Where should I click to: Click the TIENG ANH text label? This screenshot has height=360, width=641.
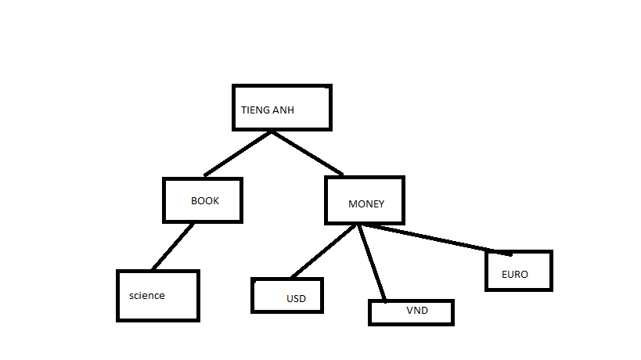pos(268,110)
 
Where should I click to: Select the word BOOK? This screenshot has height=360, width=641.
pos(205,200)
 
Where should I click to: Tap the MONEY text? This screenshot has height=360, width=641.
pos(366,204)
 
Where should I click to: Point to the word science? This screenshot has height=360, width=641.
pos(147,296)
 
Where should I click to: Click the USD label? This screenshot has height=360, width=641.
pos(296,299)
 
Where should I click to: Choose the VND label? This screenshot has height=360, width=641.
pos(417,311)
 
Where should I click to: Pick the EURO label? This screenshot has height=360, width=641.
pos(515,275)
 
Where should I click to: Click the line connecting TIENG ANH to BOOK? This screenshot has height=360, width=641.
pos(238,153)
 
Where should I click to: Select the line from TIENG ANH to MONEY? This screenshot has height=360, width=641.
pos(307,153)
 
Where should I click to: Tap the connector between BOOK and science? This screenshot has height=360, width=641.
pos(173,247)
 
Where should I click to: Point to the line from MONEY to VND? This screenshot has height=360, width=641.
pos(373,264)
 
